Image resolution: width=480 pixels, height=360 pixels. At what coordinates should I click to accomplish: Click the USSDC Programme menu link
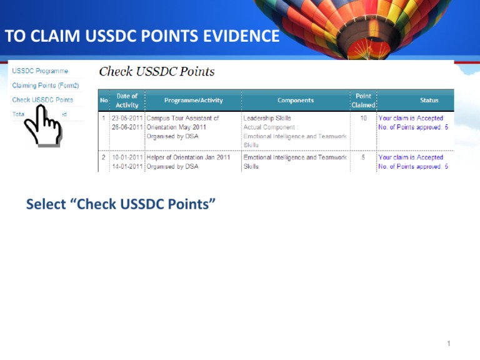40,71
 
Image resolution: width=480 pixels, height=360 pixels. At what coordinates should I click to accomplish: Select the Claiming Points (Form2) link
46,86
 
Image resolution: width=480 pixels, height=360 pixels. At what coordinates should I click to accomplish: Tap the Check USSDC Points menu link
42,100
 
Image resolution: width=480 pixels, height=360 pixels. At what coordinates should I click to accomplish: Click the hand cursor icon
42,127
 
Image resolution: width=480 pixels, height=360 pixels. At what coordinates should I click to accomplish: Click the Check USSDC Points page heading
157,72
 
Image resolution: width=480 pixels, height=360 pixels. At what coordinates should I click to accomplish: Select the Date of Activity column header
127,101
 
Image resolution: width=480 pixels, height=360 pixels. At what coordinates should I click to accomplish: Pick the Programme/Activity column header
193,101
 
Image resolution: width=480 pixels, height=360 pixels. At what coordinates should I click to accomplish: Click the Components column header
296,101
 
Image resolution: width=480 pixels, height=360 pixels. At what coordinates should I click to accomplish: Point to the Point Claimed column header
363,101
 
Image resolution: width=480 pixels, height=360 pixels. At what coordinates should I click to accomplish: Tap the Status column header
429,101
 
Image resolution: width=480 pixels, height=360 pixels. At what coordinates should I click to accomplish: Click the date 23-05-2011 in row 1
127,118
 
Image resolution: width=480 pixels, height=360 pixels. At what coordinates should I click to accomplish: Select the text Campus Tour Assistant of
182,118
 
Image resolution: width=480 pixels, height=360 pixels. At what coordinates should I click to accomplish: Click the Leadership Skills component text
267,118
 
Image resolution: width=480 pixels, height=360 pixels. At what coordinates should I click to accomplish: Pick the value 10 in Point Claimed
363,118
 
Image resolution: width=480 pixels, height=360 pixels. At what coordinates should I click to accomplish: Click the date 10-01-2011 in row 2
127,157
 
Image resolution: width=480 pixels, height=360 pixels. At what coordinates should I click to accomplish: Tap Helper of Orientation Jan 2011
187,157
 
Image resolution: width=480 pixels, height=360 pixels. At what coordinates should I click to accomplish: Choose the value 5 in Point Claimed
363,157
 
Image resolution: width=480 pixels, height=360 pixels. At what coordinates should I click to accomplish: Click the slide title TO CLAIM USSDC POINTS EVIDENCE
142,37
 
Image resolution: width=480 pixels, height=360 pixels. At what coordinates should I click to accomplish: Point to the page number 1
449,343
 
